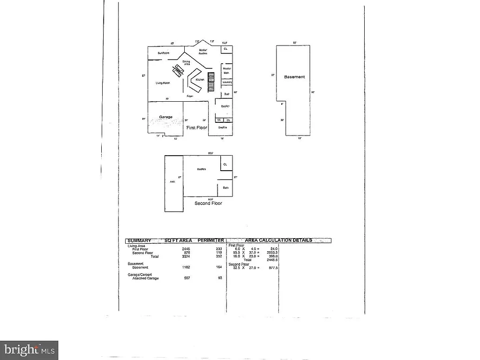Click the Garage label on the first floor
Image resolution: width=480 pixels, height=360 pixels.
click(165, 117)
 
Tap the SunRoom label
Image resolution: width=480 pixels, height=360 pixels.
click(163, 53)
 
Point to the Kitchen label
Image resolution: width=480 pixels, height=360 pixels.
click(200, 80)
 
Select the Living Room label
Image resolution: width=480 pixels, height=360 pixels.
click(163, 83)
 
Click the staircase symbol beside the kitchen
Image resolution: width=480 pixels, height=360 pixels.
click(211, 82)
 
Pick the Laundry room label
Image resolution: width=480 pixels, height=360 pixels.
click(227, 82)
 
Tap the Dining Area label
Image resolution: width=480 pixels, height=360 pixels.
click(187, 62)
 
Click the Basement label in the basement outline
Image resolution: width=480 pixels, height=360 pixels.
click(294, 77)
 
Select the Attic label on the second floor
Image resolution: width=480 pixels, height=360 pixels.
click(172, 182)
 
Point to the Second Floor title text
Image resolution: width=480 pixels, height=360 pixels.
click(208, 203)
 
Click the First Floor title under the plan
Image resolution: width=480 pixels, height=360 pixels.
click(197, 127)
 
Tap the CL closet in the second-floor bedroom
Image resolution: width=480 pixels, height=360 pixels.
click(225, 165)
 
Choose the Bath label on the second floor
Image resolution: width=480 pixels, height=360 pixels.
click(225, 188)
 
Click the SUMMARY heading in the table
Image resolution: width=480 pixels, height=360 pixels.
click(139, 240)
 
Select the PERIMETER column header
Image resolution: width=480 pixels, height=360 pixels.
click(211, 240)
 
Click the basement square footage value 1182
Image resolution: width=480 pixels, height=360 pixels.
click(186, 267)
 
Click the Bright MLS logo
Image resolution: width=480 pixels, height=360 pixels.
click(29, 350)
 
